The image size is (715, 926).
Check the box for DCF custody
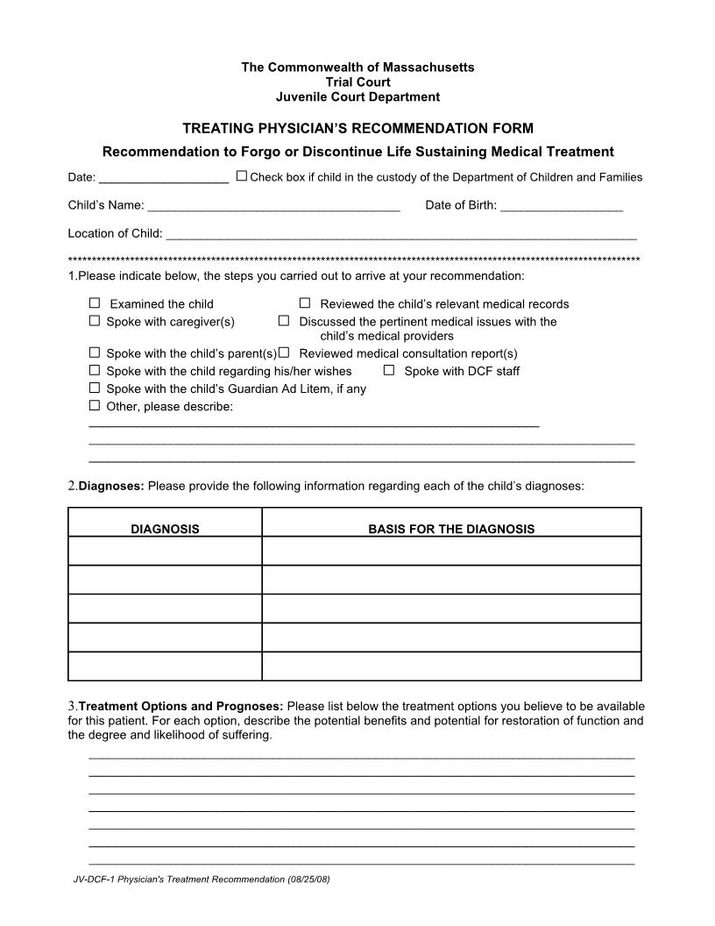[x=242, y=175]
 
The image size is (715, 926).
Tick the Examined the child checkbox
[x=95, y=303]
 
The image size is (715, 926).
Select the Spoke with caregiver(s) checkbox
[x=95, y=321]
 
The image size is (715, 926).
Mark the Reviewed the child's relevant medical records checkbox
[x=305, y=303]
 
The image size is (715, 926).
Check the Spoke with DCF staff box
[x=389, y=370]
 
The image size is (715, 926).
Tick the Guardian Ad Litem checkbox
[x=95, y=388]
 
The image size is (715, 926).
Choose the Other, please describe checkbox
[x=95, y=405]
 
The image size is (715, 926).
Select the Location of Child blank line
[x=400, y=235]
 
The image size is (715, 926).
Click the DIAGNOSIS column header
[x=165, y=529]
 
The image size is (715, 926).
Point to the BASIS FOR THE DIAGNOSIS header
[x=451, y=529]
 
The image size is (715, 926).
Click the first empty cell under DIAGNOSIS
[x=165, y=551]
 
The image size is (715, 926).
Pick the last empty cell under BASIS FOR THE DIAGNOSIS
[x=451, y=666]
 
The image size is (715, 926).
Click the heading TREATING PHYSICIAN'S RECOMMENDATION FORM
[x=357, y=128]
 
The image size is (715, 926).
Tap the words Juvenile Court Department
[x=357, y=96]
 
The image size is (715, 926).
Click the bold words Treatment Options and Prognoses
[x=181, y=706]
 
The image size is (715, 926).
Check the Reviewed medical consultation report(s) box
[x=284, y=353]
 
